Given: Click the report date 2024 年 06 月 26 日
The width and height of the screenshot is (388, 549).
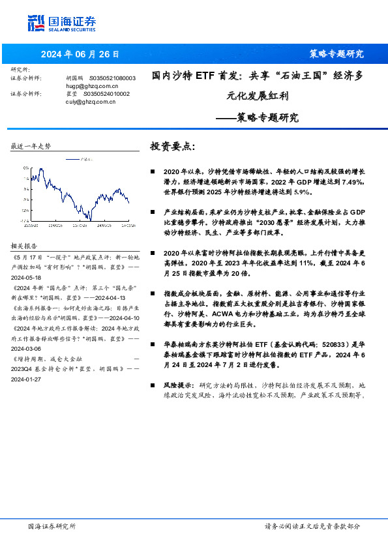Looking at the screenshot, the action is pos(80,53).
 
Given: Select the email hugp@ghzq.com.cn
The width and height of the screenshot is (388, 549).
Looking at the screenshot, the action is pos(92,85).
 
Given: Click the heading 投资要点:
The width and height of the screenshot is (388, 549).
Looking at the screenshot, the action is pos(173,146).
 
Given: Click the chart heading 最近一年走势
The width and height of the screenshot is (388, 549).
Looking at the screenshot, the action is pos(31,146).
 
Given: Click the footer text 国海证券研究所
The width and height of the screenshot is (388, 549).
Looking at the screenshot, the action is pos(52,526).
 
